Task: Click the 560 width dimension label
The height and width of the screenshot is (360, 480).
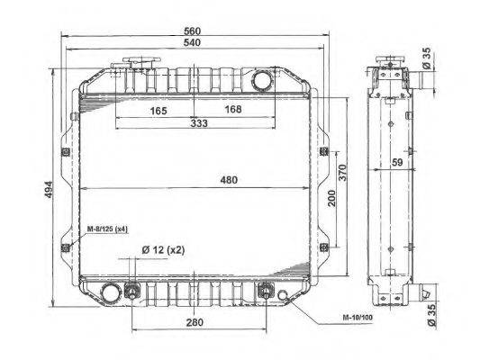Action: point(192,31)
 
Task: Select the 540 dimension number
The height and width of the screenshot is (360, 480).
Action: point(192,42)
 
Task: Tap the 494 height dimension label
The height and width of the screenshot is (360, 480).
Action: point(49,190)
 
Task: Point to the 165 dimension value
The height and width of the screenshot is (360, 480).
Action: point(158,111)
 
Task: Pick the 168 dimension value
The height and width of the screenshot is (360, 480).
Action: point(233,109)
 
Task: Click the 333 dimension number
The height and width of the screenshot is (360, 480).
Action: point(199,123)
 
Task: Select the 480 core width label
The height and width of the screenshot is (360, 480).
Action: point(229,180)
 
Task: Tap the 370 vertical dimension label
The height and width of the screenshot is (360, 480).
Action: point(343,173)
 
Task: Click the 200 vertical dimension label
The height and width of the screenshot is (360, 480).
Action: point(331,198)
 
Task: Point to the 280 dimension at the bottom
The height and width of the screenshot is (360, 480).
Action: point(195,322)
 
